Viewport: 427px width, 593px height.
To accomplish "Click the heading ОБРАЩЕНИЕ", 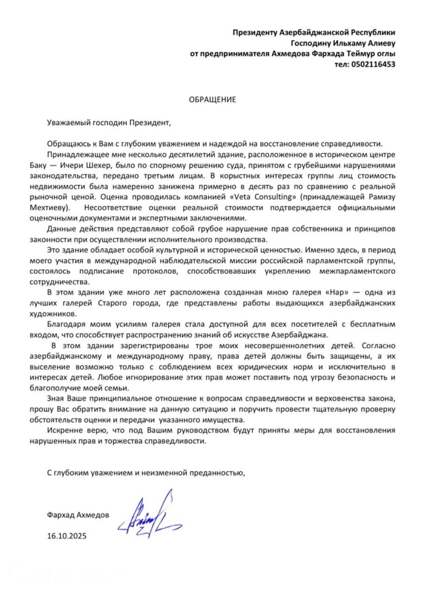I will (212, 100).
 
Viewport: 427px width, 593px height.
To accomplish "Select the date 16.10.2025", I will (66, 536).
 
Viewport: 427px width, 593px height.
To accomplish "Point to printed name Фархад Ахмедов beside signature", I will (78, 515).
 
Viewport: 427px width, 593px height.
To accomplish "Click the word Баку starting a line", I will (39, 165).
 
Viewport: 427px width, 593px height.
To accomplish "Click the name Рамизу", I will (383, 197).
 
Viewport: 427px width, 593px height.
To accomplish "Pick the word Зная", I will (55, 399).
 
